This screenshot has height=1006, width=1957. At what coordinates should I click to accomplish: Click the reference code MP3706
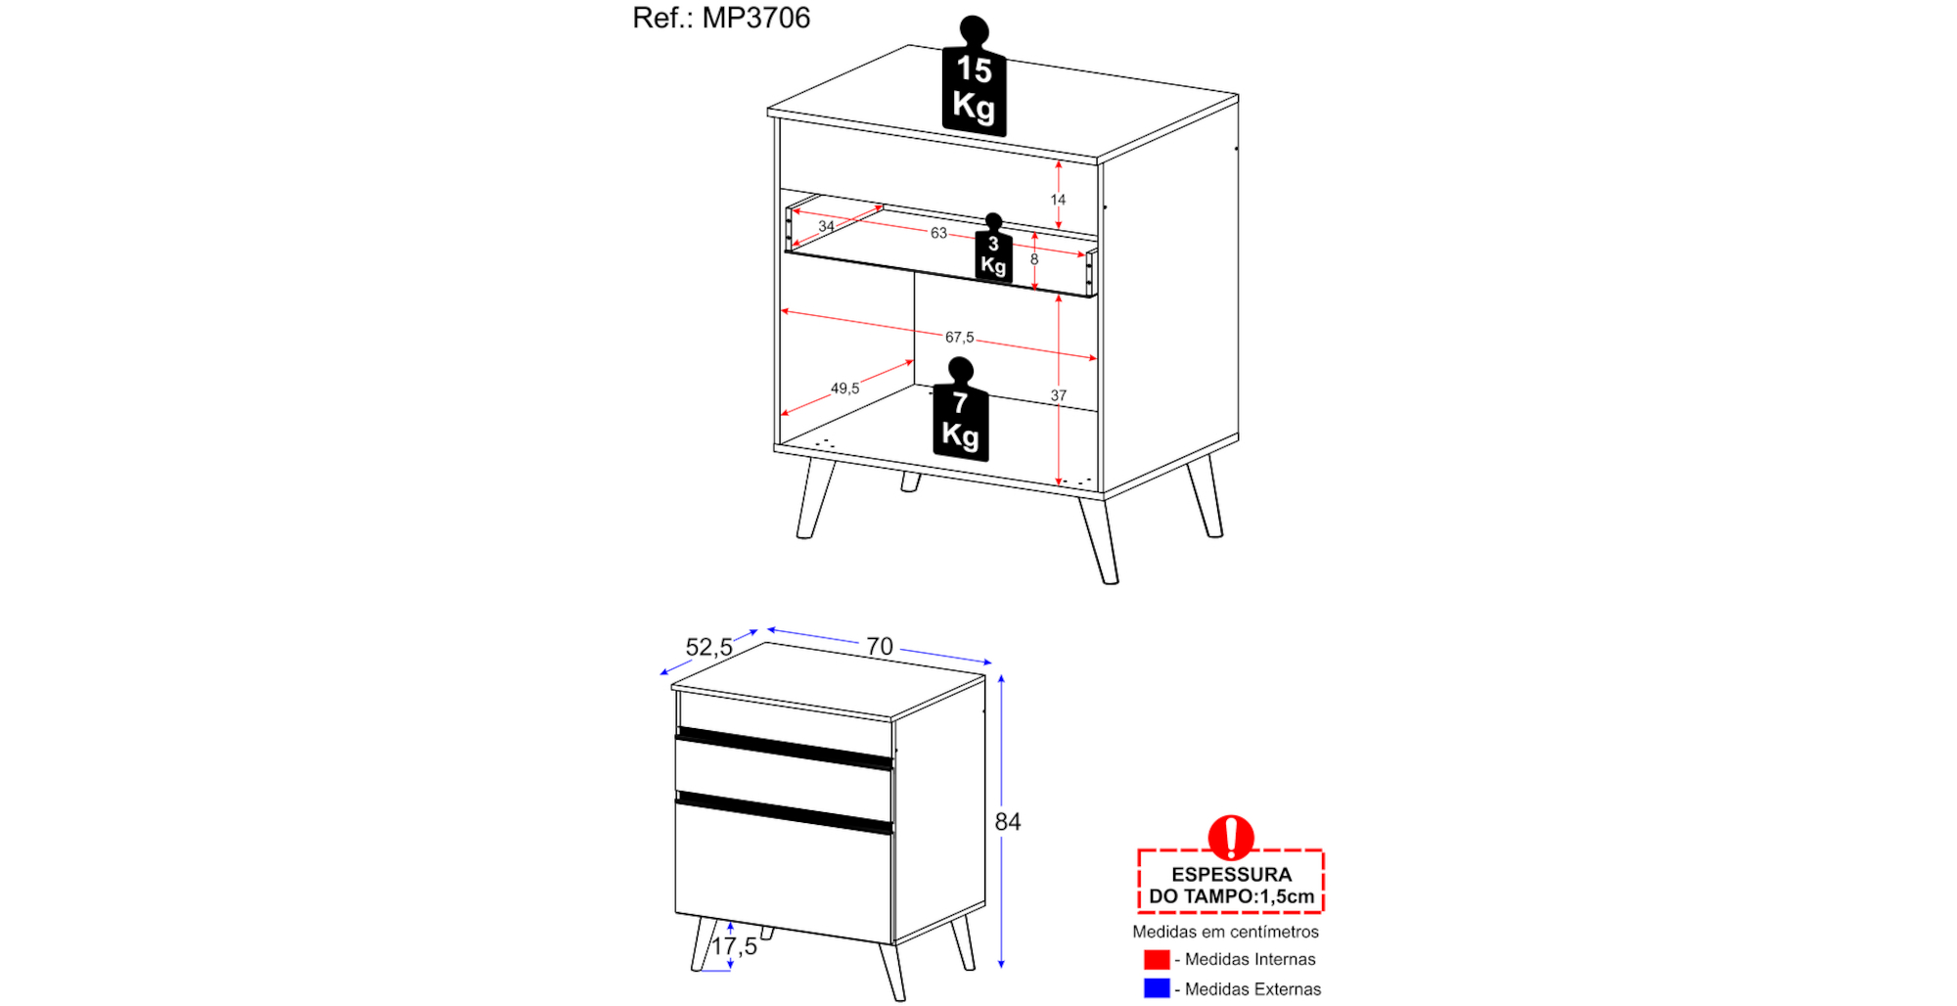pos(756,18)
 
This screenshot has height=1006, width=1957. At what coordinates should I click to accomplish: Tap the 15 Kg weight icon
pos(975,76)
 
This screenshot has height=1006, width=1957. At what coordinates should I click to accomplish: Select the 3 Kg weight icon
pos(993,249)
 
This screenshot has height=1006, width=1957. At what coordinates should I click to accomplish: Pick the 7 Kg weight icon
pos(961,409)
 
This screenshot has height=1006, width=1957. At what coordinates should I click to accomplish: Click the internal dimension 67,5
pos(959,338)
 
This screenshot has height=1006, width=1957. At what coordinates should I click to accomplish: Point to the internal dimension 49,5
pos(844,389)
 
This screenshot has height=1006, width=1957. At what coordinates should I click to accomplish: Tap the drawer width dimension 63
pos(938,233)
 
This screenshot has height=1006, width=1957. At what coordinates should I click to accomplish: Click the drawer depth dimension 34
pos(827,226)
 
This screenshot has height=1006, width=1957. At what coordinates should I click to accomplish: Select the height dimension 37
pos(1059,395)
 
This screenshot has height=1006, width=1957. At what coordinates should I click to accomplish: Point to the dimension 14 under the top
pos(1058,200)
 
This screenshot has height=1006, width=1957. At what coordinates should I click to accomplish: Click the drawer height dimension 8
pos(1034,259)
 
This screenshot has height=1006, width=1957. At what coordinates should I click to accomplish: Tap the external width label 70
pos(880,646)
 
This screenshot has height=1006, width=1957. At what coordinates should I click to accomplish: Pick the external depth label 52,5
pos(709,647)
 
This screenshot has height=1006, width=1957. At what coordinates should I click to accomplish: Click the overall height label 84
pos(1008,822)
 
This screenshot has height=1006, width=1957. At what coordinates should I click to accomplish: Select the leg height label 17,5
pos(734,946)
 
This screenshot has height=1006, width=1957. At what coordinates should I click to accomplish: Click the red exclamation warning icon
pos(1231,838)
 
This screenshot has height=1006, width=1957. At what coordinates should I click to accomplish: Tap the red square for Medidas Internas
pos(1157,959)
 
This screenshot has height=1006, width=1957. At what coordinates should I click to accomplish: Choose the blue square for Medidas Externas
pos(1157,988)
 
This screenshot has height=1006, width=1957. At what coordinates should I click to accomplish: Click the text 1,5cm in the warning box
pos(1287,896)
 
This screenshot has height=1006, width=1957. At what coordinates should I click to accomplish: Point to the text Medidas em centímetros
pos(1225,932)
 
